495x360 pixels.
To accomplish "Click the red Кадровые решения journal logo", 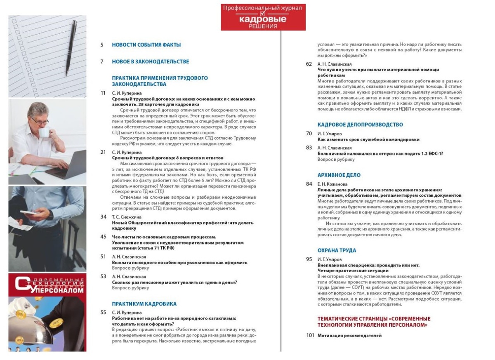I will tap(263, 17).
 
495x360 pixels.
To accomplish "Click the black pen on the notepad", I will tap(71, 47).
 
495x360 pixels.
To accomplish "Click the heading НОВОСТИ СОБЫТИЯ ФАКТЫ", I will tap(146, 45).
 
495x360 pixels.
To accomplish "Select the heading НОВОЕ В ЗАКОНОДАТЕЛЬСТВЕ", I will tap(150, 62).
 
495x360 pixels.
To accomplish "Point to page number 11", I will tap(103, 93).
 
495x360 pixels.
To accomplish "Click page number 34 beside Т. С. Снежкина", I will tap(103, 217).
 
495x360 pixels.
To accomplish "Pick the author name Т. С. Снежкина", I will tap(127, 217).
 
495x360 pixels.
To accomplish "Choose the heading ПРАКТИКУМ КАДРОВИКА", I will tap(144, 304).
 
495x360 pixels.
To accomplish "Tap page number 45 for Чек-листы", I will tap(103, 237).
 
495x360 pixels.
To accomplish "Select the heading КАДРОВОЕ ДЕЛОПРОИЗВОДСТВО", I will tap(360, 125).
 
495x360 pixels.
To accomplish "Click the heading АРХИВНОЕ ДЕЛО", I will tap(339, 175).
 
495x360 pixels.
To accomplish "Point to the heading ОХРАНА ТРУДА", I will tap(337, 250).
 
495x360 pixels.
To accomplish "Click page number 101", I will tap(310, 336).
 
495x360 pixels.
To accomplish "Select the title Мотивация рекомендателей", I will tap(349, 336).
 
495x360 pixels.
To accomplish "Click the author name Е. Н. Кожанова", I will tap(332, 184).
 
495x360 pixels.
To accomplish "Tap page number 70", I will tap(309, 134).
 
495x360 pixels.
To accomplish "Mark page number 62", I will tap(309, 64).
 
